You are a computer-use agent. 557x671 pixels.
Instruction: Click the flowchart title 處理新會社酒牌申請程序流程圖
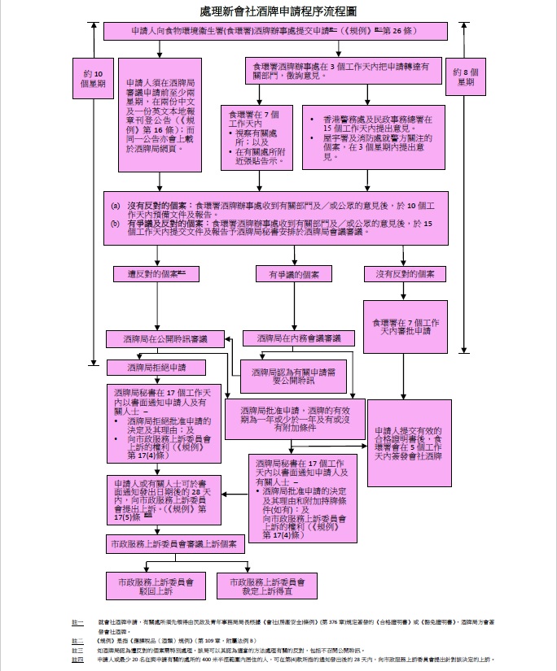[277, 11]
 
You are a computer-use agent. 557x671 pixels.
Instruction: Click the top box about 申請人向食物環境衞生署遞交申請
[276, 32]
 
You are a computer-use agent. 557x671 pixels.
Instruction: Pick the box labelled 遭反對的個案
[152, 274]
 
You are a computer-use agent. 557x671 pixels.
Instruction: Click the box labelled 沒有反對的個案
[405, 274]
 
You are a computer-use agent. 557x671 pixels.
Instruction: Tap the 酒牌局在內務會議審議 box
[293, 338]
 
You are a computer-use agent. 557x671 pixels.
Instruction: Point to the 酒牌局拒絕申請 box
[156, 368]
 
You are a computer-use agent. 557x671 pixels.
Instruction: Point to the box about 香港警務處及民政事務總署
[374, 137]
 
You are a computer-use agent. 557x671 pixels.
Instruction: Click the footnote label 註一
[77, 622]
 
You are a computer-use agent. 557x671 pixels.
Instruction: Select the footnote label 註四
[77, 659]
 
